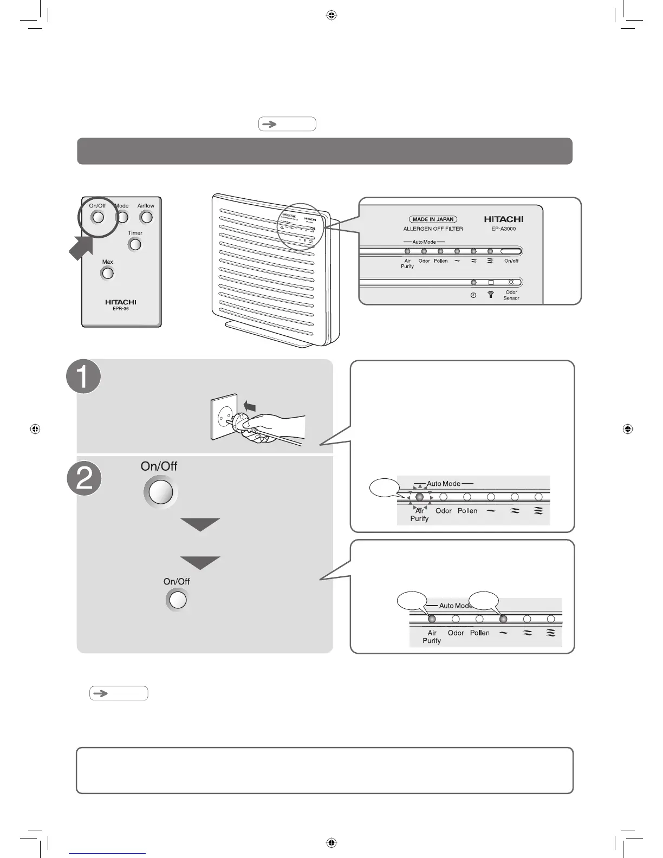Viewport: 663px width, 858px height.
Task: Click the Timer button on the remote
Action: (135, 244)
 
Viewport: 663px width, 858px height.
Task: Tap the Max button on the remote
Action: (108, 273)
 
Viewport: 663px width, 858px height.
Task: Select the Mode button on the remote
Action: (123, 217)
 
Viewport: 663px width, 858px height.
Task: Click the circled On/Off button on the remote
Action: (97, 217)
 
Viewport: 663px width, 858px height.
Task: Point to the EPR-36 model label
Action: (121, 309)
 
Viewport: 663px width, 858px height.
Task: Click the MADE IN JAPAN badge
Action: (433, 219)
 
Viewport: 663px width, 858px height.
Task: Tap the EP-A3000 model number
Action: (503, 229)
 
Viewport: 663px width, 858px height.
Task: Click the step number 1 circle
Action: (83, 376)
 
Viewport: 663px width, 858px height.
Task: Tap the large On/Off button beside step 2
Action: (160, 492)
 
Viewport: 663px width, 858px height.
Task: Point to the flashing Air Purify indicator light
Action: (419, 497)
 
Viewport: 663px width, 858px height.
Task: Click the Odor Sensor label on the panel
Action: (511, 295)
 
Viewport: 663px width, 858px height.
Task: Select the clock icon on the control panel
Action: (473, 295)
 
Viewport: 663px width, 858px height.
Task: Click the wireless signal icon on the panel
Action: (491, 295)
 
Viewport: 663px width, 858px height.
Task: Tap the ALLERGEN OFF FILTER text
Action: (433, 229)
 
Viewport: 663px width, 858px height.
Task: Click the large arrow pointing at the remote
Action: (81, 248)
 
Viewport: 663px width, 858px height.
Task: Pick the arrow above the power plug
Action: (249, 406)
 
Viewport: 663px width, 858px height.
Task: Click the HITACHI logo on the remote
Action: (121, 302)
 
